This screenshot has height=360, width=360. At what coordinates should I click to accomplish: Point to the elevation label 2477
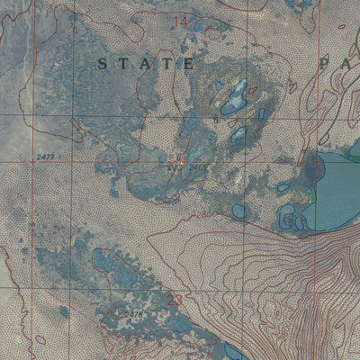pos(48,157)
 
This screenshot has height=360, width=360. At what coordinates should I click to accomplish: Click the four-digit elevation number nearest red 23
pos(131,313)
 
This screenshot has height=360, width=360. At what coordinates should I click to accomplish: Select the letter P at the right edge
pos(324,64)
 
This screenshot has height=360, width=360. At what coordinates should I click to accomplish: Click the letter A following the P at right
pos(346,64)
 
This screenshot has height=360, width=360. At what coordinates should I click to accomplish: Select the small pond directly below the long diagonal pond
pos(238,134)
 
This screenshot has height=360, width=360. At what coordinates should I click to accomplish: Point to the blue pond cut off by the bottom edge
pos(225,352)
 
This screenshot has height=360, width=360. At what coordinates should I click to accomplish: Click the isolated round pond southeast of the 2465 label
pos(238,211)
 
